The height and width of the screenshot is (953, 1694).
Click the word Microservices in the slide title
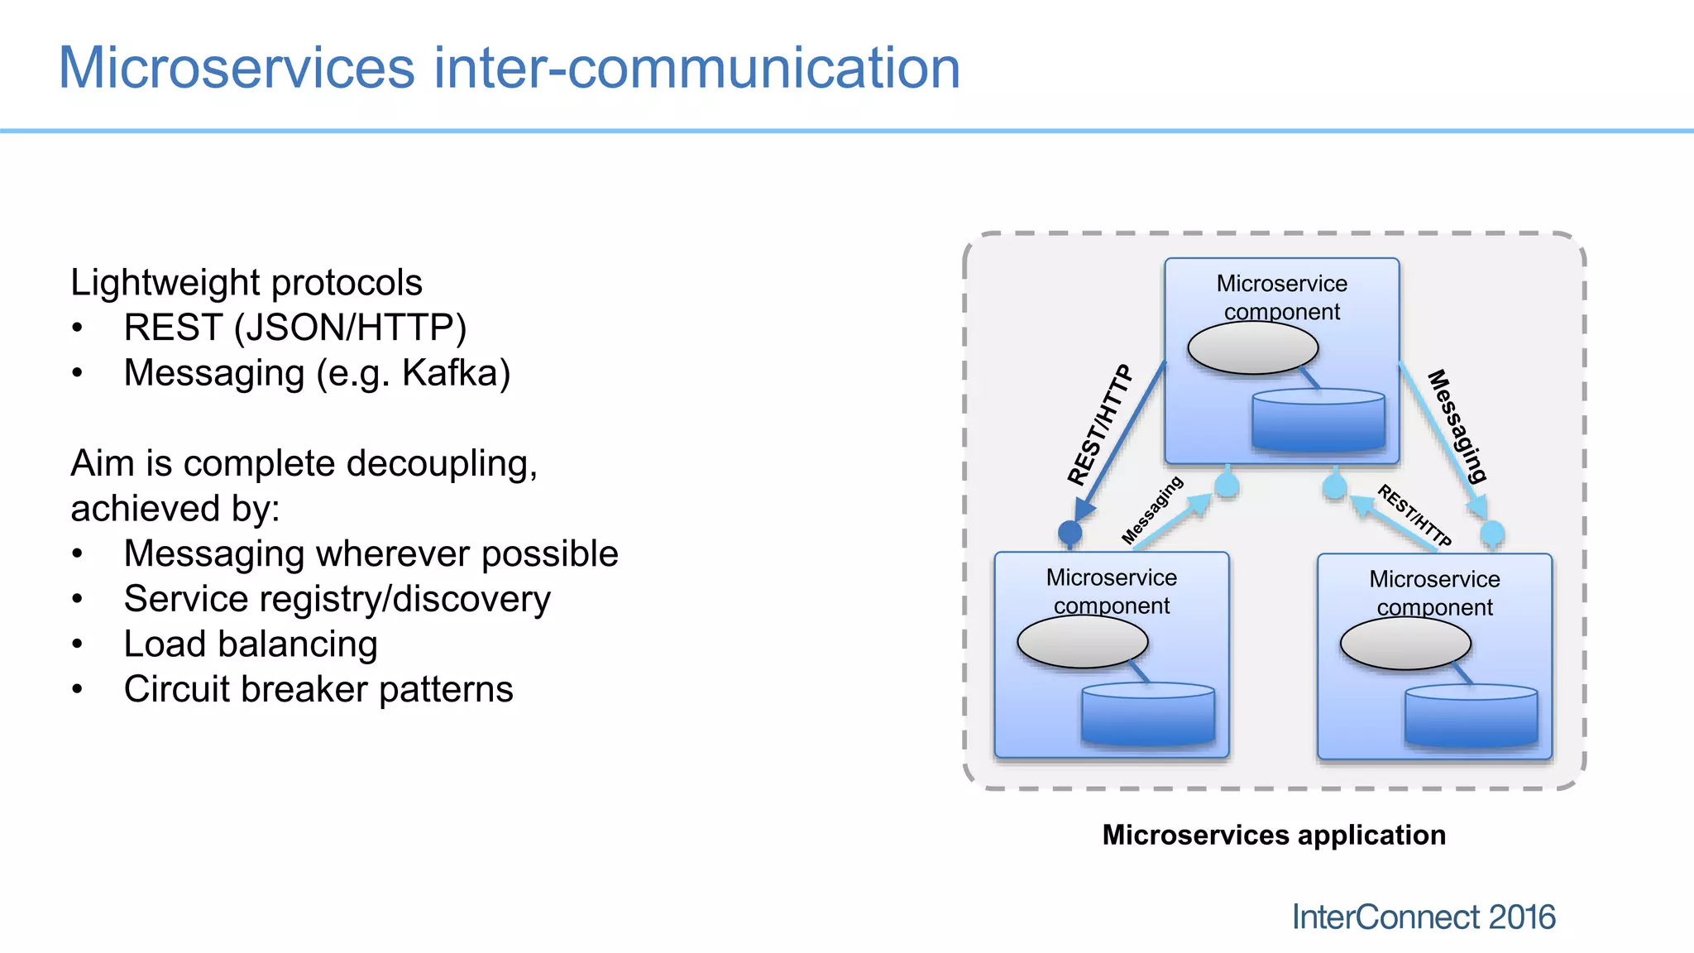point(237,68)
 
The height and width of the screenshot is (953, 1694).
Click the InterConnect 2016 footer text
point(1423,917)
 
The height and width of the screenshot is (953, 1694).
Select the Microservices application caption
point(1274,835)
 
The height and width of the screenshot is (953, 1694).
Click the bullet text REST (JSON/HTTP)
point(294,328)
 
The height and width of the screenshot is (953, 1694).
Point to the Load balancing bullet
point(251,644)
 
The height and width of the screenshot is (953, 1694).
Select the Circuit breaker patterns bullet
point(318,689)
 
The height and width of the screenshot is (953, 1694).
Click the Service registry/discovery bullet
point(337,599)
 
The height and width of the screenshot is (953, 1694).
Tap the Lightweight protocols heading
point(246,283)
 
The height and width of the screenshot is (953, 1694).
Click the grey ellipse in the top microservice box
point(1252,348)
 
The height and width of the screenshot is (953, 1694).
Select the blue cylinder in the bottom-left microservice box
point(1147,715)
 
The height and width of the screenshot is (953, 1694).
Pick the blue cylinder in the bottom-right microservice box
point(1471,716)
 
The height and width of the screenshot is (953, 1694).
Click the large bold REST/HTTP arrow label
point(1099,425)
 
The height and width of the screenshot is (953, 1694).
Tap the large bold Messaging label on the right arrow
point(1457,425)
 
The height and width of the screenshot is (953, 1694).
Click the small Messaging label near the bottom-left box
point(1152,510)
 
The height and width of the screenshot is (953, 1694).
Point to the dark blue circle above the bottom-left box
point(1070,532)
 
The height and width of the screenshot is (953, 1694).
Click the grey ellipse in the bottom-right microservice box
point(1404,644)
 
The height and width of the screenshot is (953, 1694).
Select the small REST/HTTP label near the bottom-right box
point(1414,515)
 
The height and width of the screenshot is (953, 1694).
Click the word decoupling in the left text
point(442,464)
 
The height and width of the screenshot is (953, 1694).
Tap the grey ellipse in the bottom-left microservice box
point(1082,642)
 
